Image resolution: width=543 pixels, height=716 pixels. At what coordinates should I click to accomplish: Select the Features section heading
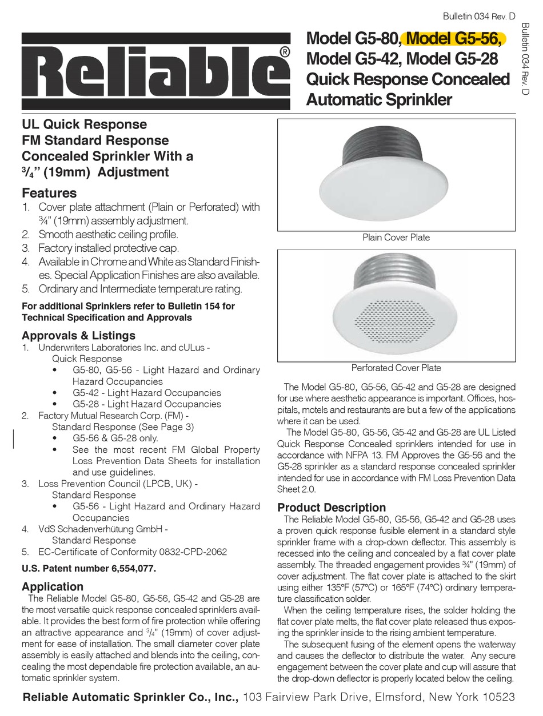click(49, 193)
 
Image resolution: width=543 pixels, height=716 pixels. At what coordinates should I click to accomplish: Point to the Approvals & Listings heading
click(78, 335)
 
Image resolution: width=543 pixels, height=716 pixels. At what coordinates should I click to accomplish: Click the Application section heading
click(53, 586)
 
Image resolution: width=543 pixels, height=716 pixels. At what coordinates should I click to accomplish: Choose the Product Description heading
click(332, 507)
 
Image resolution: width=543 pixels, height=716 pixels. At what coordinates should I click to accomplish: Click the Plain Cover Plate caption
click(396, 237)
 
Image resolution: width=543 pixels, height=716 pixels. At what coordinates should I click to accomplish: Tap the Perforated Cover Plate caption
click(396, 368)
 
